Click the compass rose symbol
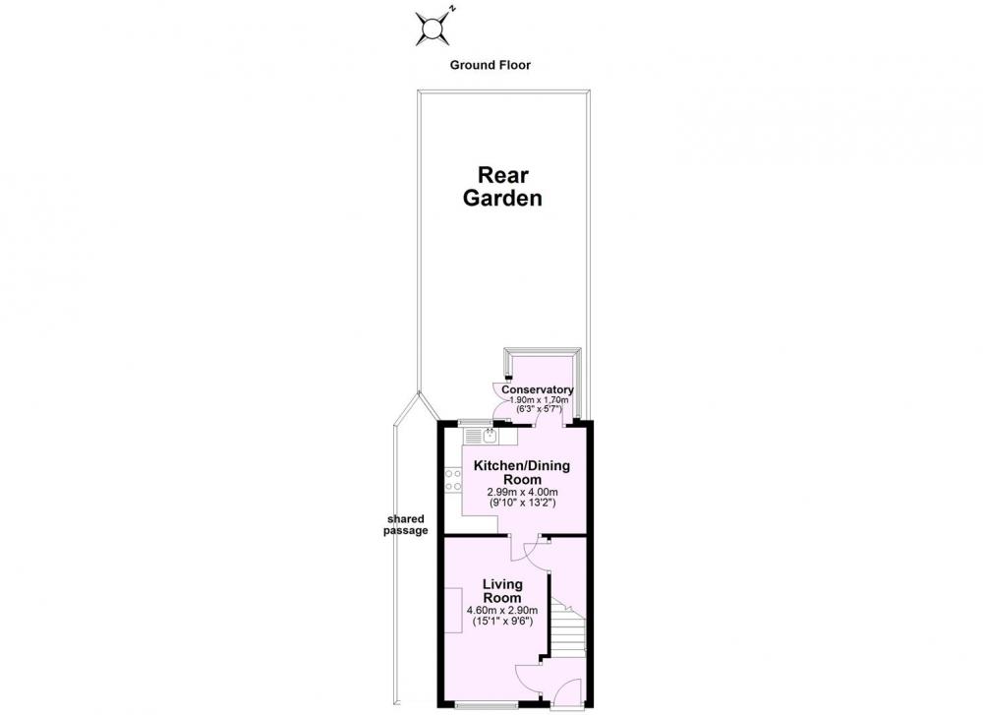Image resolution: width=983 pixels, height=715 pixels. coord(433,29)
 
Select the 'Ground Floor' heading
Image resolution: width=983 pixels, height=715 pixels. coord(491,65)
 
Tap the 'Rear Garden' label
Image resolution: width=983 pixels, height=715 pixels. coord(502,186)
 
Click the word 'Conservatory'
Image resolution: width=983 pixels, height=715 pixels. coord(538,389)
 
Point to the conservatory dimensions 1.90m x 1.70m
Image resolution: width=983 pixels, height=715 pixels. coord(539,400)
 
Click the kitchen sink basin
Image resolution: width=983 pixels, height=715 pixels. coord(490,435)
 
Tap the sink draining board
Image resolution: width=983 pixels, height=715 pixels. coord(473,436)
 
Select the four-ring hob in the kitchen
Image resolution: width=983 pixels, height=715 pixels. coord(453,480)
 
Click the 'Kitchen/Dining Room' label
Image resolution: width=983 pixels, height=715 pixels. coord(522,472)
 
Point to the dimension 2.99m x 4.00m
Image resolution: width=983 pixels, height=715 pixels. coord(522,492)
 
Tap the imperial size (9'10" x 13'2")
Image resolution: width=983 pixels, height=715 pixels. coord(522,503)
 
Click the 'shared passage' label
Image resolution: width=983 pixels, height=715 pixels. coord(406,525)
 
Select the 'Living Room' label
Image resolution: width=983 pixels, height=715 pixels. coord(502,591)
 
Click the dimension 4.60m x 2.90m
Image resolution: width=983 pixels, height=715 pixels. coord(502,611)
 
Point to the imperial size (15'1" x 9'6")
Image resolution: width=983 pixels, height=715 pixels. coord(502,622)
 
